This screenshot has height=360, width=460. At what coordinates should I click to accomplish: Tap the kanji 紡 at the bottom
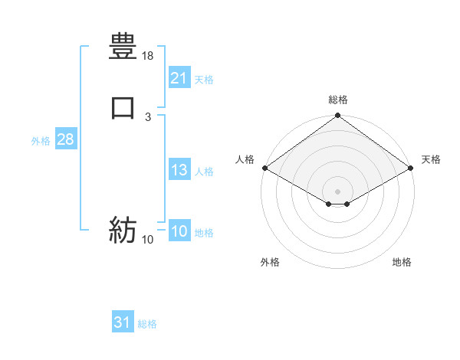[123, 229]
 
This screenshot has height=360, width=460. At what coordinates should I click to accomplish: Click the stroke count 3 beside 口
[148, 116]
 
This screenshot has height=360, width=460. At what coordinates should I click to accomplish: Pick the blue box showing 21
[179, 78]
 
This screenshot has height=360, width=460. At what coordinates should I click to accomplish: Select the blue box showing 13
[179, 170]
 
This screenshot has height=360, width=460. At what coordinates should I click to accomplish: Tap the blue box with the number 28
[65, 139]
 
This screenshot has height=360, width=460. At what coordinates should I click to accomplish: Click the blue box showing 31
[122, 322]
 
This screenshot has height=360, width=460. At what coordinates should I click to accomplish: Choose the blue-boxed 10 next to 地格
[179, 231]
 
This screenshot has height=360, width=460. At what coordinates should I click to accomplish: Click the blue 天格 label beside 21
[204, 80]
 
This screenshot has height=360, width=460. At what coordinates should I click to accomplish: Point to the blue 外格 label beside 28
[41, 141]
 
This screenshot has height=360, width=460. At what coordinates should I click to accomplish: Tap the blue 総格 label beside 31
[147, 324]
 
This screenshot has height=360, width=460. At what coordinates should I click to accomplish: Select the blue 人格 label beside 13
[204, 172]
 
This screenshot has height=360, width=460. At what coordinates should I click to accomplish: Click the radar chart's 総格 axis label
[337, 100]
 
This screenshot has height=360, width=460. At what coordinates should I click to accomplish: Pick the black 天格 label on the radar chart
[431, 159]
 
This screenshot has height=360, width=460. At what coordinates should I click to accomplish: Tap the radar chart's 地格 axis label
[402, 262]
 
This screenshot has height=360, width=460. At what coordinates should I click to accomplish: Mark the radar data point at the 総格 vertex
[337, 116]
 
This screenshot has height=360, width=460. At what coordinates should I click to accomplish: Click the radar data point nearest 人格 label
[264, 168]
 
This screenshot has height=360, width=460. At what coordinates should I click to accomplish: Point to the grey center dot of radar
[337, 191]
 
